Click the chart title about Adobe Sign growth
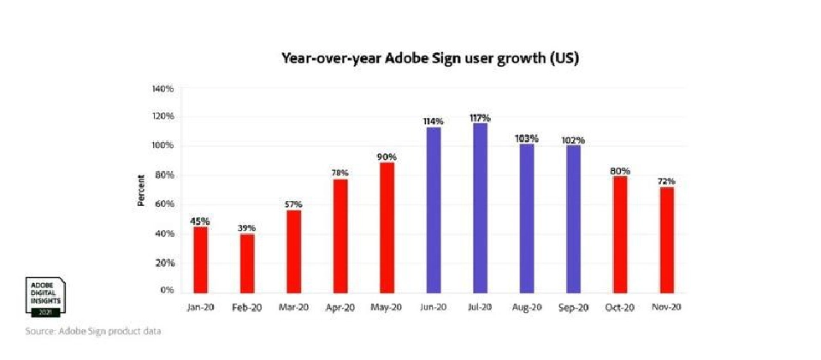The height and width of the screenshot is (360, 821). click(431, 59)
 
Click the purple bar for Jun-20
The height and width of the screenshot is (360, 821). click(434, 210)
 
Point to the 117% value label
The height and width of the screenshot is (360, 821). click(481, 117)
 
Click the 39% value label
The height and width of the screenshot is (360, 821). click(246, 227)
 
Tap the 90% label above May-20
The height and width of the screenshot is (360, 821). click(387, 156)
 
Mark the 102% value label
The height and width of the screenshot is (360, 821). click(573, 139)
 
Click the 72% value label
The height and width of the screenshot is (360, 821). click(666, 181)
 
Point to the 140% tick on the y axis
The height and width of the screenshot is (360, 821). click(162, 89)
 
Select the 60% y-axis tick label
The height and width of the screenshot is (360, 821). click(165, 204)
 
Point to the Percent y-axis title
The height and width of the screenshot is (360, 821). click(140, 191)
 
